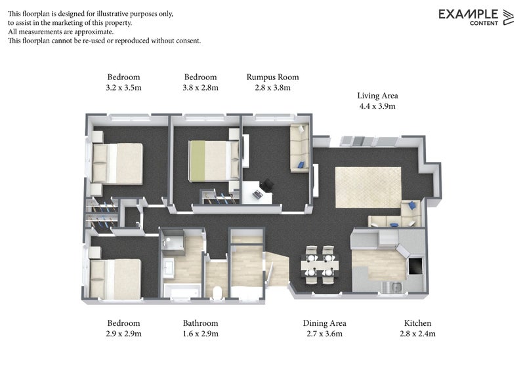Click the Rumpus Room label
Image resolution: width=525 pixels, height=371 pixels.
coord(272,77)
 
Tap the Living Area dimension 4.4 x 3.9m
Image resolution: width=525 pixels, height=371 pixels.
coord(377,106)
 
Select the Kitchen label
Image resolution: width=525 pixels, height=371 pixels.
coord(417,323)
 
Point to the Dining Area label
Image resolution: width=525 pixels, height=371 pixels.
coord(324,323)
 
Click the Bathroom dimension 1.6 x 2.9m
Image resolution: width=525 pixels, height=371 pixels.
coord(200,334)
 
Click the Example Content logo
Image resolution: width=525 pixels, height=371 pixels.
coord(476,17)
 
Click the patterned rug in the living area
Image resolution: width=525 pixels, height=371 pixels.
coord(368,187)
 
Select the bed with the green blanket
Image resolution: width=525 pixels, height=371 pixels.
coord(214,161)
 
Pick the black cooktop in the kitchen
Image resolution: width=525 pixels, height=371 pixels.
coord(415,265)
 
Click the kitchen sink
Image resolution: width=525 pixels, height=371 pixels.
coord(392,286)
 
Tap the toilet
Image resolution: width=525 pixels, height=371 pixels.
coord(217,292)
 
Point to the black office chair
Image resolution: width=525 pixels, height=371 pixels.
coord(268,185)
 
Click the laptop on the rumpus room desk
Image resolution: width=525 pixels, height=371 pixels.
coord(257,195)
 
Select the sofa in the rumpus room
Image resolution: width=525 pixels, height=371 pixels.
coord(299,148)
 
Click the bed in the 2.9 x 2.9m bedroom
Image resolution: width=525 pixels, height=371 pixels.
coord(115,279)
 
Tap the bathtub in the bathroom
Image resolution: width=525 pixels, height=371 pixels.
coord(182,291)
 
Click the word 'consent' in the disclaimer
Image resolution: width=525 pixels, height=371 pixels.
coord(188,41)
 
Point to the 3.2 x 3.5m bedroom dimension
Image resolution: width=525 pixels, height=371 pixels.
coord(123,88)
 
